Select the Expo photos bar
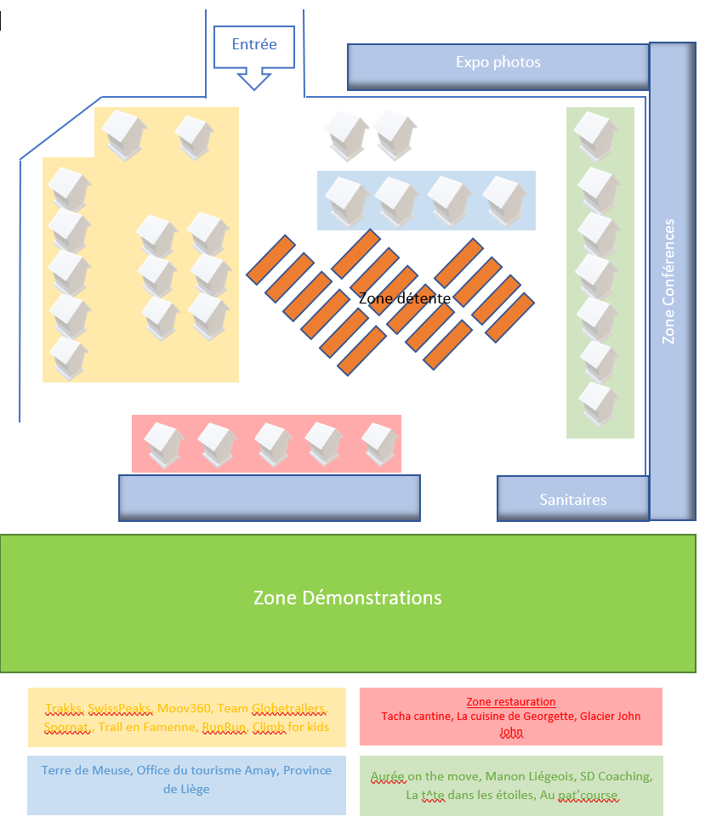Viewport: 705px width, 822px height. pyautogui.click(x=498, y=63)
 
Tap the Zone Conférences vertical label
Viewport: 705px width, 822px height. pyautogui.click(x=669, y=281)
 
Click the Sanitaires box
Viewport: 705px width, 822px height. pyautogui.click(x=573, y=499)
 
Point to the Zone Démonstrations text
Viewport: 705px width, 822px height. pyautogui.click(x=348, y=598)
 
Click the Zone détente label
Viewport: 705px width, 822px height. pyautogui.click(x=404, y=298)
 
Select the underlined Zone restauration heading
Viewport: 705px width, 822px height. pyautogui.click(x=511, y=702)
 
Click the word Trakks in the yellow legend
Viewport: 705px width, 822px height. pyautogui.click(x=64, y=709)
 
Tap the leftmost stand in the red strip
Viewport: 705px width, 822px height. pyautogui.click(x=162, y=444)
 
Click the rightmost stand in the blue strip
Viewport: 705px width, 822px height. pyautogui.click(x=504, y=200)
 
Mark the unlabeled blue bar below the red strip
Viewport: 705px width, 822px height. pyautogui.click(x=269, y=497)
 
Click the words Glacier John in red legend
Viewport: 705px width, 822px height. pyautogui.click(x=606, y=717)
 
